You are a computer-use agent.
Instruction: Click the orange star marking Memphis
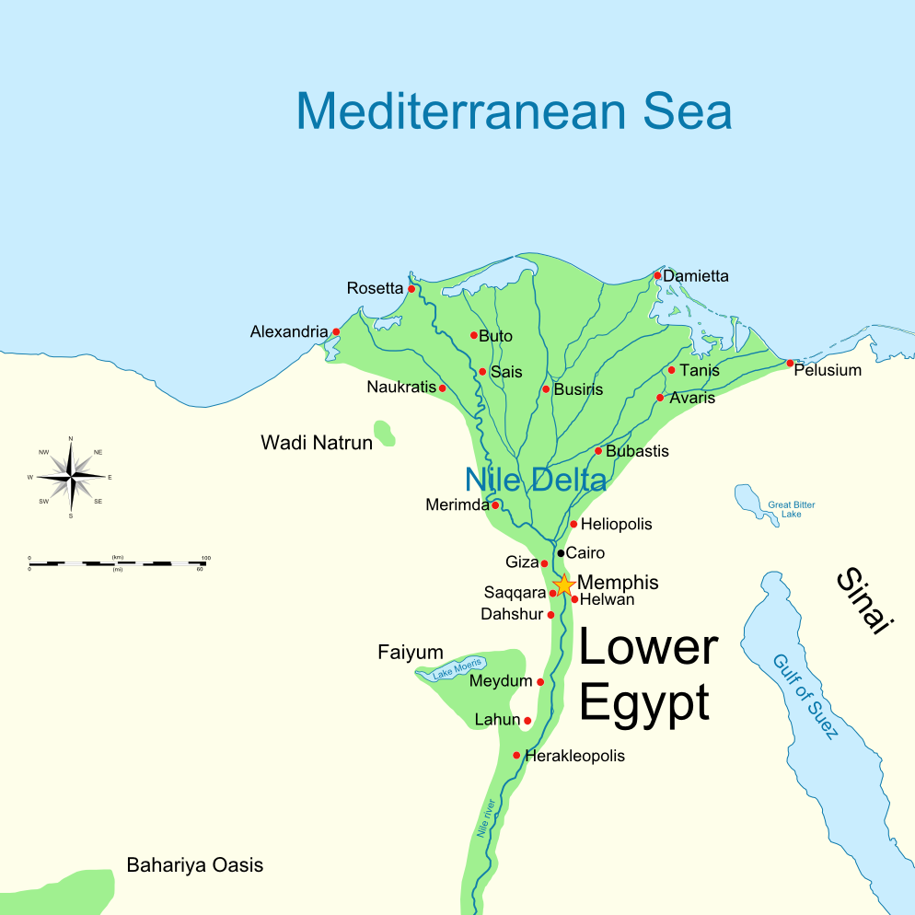564,585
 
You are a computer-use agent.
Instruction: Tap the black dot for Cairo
560,553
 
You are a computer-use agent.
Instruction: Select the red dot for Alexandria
336,331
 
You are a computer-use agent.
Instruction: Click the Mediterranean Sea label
514,111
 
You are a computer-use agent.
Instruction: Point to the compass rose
71,477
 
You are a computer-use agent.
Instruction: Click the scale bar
116,562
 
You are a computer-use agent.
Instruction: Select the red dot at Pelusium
790,363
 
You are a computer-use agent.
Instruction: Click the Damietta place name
696,276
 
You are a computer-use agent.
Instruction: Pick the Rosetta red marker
411,289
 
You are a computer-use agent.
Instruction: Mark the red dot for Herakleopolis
516,756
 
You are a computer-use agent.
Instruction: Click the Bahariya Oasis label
194,865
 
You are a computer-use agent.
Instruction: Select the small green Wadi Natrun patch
384,433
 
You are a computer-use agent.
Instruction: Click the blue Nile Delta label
535,480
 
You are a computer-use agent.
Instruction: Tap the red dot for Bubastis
598,451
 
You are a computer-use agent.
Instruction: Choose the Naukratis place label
400,388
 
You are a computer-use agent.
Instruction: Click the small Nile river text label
487,817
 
